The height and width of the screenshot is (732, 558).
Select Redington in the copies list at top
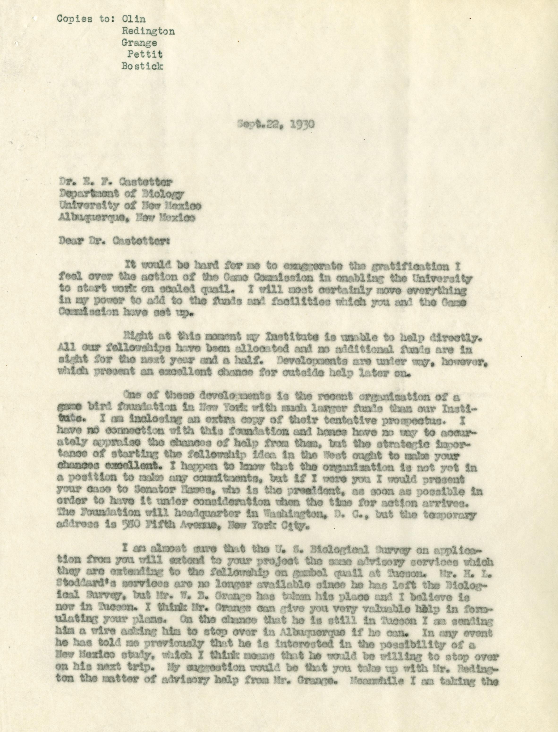point(148,31)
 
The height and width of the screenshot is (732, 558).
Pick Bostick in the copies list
point(142,66)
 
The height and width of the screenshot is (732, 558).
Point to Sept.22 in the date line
point(258,124)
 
